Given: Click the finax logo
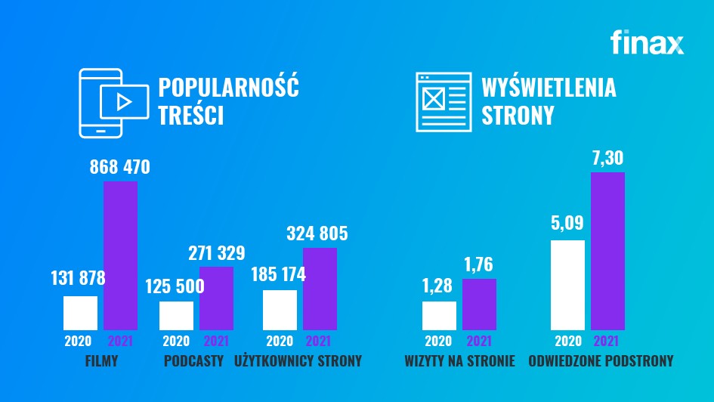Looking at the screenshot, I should (647, 42).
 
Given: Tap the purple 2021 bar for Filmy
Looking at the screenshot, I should (120, 255).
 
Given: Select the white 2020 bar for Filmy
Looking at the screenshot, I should (80, 313).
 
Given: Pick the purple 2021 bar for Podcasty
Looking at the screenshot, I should (216, 298).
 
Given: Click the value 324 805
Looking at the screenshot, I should (317, 233).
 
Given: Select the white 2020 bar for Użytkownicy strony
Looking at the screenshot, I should (280, 310).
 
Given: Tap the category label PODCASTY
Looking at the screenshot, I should (193, 361).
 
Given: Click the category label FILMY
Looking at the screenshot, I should (102, 361).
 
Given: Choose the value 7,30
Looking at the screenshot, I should (607, 158).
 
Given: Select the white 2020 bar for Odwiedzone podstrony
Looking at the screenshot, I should (567, 285).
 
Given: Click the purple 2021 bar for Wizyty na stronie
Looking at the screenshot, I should (479, 304).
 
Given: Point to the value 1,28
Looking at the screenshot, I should (439, 286).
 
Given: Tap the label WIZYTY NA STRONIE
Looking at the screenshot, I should (459, 361).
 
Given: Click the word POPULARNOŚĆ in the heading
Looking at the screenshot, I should (228, 88).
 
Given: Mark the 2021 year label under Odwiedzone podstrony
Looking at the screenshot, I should (607, 341).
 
